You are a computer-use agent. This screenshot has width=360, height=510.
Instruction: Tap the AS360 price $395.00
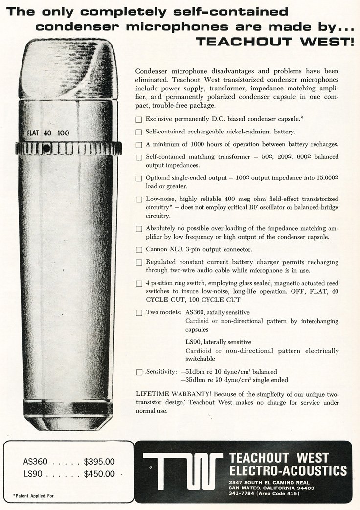[99, 461]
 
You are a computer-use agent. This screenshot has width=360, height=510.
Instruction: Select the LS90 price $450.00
[99, 474]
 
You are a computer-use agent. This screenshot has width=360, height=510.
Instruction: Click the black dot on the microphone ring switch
[45, 148]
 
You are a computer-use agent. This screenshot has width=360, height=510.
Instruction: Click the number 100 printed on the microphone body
[63, 133]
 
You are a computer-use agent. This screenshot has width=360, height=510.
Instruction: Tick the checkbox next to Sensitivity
[139, 372]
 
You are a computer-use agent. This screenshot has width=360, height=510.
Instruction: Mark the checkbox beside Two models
[139, 312]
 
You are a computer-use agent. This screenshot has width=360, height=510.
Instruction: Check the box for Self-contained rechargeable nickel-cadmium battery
[139, 132]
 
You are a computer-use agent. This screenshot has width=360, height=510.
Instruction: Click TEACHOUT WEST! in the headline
[274, 41]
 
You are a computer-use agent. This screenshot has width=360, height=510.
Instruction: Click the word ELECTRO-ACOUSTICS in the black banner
[288, 471]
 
